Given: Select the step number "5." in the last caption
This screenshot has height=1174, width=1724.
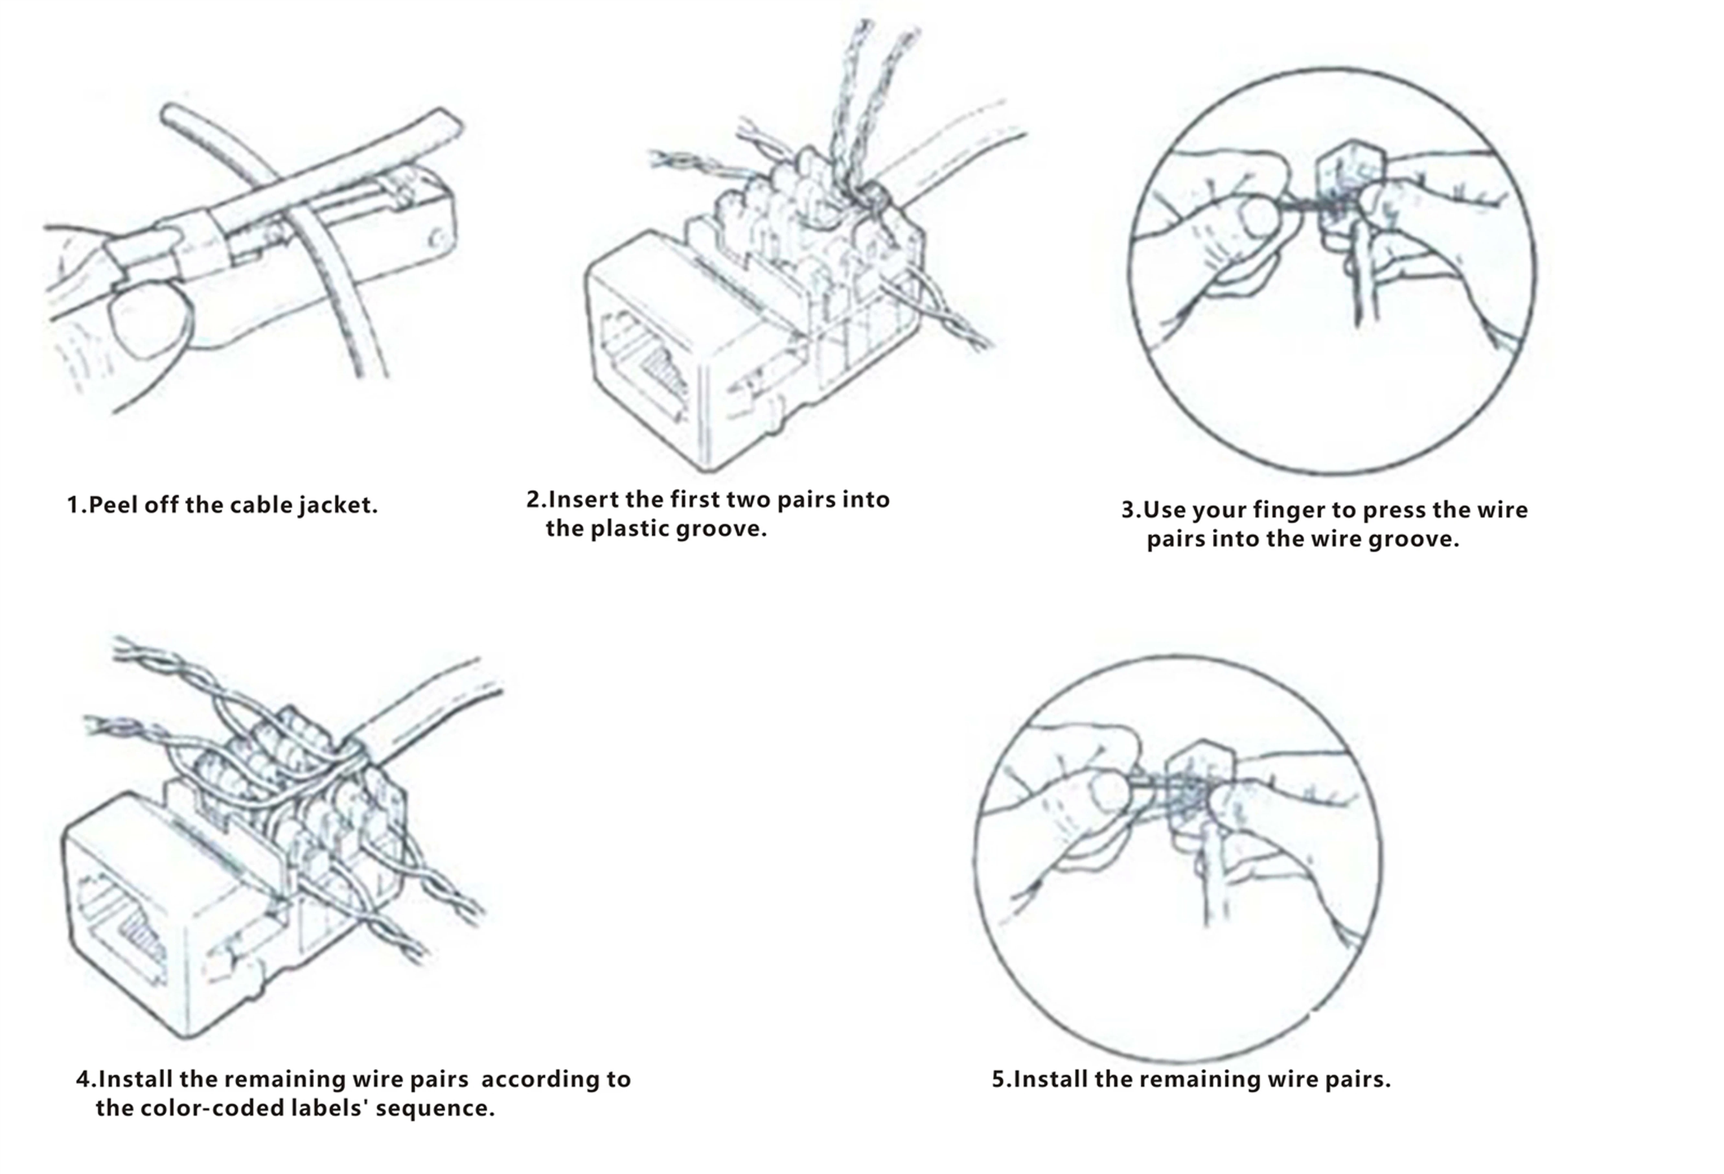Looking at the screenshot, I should pos(1002,1079).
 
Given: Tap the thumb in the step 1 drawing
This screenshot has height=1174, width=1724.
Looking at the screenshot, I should pos(148,321).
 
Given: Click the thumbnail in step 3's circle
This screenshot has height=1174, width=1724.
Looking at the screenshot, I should pos(1259,217).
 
